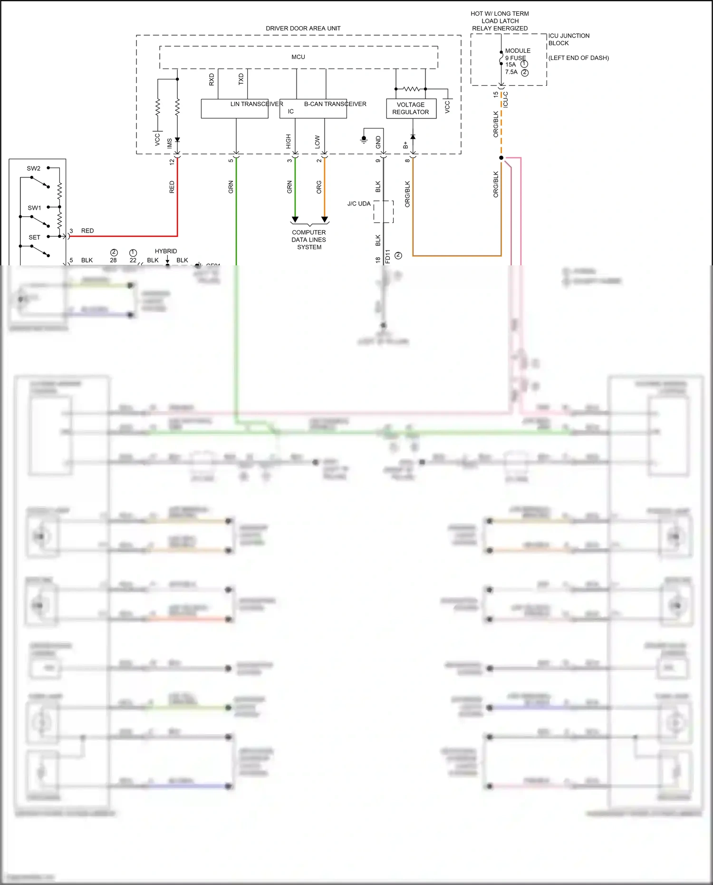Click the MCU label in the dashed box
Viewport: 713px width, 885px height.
(298, 57)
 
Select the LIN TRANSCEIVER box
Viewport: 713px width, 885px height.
(234, 109)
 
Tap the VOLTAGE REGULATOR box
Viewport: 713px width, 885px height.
(411, 108)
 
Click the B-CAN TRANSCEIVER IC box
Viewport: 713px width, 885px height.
(313, 109)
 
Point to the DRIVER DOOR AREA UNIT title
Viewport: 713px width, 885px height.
(303, 29)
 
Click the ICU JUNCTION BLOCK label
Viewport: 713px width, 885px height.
(568, 39)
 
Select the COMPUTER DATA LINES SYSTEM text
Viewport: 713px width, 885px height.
(309, 240)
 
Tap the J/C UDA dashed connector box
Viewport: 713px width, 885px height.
(383, 212)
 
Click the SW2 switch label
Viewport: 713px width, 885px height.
(34, 168)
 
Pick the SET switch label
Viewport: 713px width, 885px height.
(34, 237)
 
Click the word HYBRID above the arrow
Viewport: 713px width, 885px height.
(165, 251)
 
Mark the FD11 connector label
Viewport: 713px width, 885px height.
(387, 256)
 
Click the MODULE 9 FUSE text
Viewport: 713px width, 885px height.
(517, 54)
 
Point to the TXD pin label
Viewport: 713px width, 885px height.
(241, 79)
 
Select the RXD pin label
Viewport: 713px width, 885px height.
(212, 79)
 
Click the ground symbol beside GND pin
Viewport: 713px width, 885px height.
(364, 139)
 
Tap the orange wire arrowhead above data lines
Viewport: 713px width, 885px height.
(325, 219)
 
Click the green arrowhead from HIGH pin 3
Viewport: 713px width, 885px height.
(295, 219)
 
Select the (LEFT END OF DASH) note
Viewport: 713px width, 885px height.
(578, 58)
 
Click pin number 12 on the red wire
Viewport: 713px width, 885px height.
(172, 161)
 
